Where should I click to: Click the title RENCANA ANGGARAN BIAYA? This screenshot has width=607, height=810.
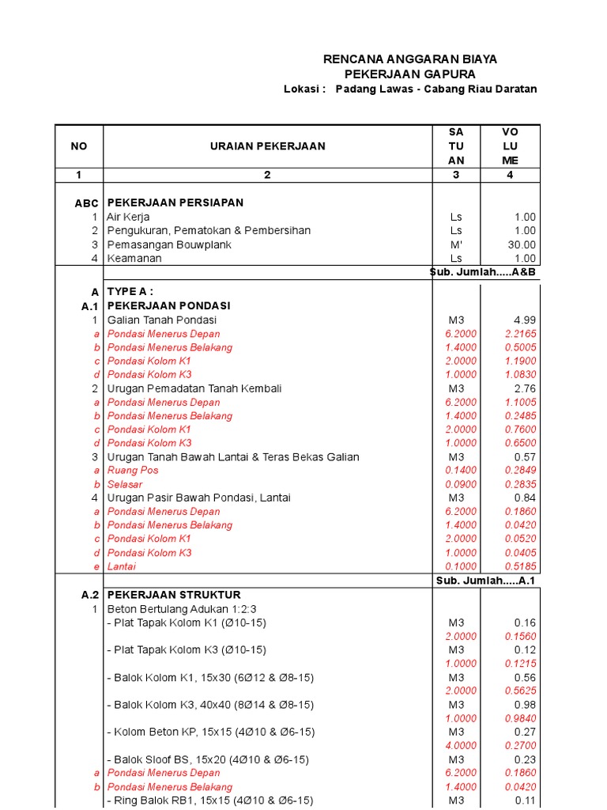(x=410, y=59)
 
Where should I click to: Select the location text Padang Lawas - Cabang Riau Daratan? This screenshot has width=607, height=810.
(x=435, y=89)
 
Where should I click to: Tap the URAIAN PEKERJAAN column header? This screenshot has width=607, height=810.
(x=267, y=146)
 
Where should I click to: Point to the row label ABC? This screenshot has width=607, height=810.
(x=86, y=203)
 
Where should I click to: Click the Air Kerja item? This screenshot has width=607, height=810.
(x=128, y=217)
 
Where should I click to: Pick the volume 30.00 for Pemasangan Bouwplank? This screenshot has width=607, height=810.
(x=522, y=244)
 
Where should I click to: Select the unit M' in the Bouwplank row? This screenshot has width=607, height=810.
(x=456, y=244)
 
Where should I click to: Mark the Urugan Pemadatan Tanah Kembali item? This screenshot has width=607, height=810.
(x=194, y=388)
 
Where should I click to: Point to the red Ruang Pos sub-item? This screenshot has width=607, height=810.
(x=133, y=470)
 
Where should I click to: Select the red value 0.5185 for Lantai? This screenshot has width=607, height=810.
(x=521, y=566)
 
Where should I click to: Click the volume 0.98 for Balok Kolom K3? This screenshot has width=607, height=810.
(x=525, y=704)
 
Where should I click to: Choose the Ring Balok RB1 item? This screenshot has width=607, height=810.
(x=209, y=801)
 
